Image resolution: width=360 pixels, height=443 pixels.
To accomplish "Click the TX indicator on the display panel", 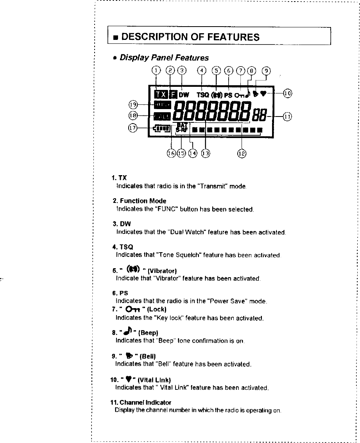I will [x=161, y=94].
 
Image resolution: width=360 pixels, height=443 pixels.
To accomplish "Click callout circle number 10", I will [x=287, y=93].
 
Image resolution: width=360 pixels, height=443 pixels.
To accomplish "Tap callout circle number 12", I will [x=242, y=153].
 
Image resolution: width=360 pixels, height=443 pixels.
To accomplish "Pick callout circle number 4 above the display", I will [x=202, y=71].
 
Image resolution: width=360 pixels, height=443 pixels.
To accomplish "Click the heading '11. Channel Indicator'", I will [x=141, y=402].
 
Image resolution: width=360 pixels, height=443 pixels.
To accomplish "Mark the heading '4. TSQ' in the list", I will [x=123, y=247].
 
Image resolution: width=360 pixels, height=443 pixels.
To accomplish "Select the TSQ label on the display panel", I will [x=203, y=95].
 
